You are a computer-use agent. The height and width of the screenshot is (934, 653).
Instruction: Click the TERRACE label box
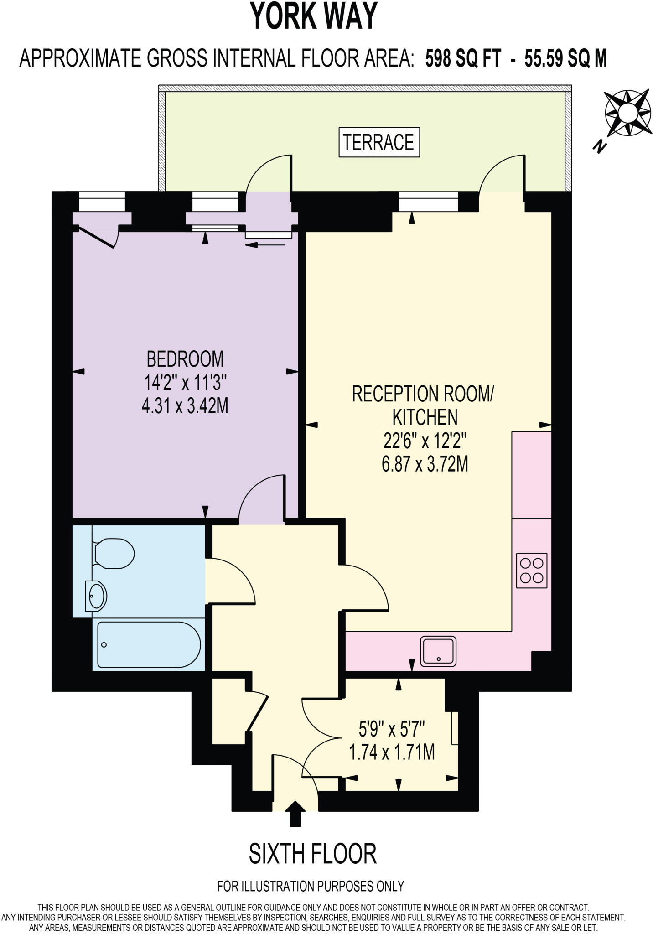click(x=379, y=143)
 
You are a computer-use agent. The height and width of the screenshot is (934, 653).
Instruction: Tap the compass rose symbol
click(x=627, y=113)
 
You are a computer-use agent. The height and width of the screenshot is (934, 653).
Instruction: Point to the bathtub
click(x=148, y=645)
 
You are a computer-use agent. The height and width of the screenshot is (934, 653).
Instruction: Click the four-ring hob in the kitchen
click(x=531, y=571)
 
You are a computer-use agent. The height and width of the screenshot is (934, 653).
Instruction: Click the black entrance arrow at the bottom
click(x=295, y=814)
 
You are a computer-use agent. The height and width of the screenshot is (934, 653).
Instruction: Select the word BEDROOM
click(x=185, y=359)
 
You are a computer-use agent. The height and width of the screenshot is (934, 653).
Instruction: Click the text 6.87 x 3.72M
click(x=425, y=465)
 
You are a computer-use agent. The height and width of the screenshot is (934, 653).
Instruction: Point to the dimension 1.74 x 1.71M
click(x=392, y=752)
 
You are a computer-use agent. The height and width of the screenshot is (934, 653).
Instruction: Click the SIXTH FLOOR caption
click(x=313, y=854)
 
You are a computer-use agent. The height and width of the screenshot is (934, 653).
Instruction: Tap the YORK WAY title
click(x=314, y=16)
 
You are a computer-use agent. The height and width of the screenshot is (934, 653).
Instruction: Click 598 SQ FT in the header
click(x=462, y=59)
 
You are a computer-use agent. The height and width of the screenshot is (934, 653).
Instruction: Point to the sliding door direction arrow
click(x=265, y=245)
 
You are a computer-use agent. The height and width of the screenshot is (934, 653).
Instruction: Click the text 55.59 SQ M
click(x=565, y=59)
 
